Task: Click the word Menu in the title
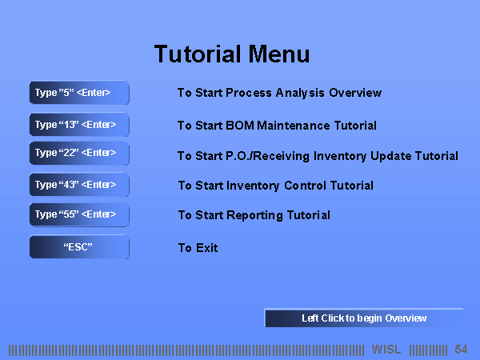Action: pos(279,54)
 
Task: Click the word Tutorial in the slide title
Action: pos(198,54)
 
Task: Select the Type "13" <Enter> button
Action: pos(79,125)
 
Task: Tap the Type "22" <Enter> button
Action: pos(79,153)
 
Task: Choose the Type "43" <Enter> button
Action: pos(79,185)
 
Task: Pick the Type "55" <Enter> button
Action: pos(79,214)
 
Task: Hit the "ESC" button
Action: pos(79,246)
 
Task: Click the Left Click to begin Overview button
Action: pos(364,318)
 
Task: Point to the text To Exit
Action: pos(198,248)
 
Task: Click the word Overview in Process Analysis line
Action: pos(355,93)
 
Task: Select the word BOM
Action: pos(240,126)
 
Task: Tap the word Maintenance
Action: pos(294,126)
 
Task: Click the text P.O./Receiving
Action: pos(268,156)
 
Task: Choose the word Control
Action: pos(305,186)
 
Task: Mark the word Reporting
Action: pos(255,215)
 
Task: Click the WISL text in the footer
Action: pos(386,350)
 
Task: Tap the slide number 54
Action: pos(461,350)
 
